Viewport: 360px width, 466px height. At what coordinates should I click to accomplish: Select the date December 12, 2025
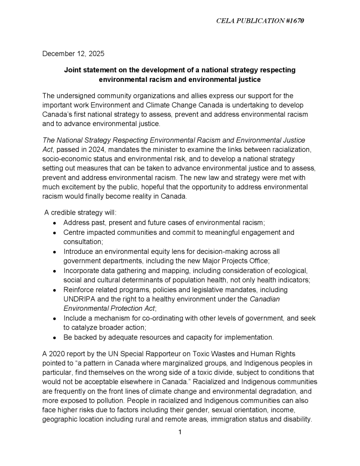tap(73, 54)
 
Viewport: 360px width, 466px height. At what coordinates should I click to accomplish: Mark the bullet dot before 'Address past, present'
tap(55, 223)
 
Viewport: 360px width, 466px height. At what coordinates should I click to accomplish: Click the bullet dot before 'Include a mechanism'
tap(55, 319)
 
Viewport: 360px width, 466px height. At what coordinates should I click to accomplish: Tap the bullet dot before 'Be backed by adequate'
tap(55, 338)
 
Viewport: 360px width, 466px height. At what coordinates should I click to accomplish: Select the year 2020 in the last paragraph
tap(58, 353)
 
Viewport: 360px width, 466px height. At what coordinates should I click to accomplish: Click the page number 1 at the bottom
tap(180, 432)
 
